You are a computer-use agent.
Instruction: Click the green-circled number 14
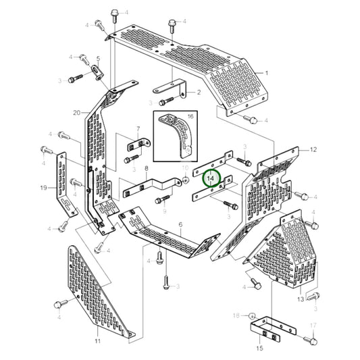pos(211,178)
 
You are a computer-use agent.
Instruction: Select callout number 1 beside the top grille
pos(266,72)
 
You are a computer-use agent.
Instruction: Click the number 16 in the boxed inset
pos(189,117)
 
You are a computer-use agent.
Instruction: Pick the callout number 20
pos(76,112)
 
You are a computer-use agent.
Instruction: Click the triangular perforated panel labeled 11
pos(95,290)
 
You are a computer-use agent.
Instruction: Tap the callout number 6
pos(180,224)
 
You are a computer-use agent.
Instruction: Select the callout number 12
pos(313,149)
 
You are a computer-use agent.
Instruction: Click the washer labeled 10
pos(184,181)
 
